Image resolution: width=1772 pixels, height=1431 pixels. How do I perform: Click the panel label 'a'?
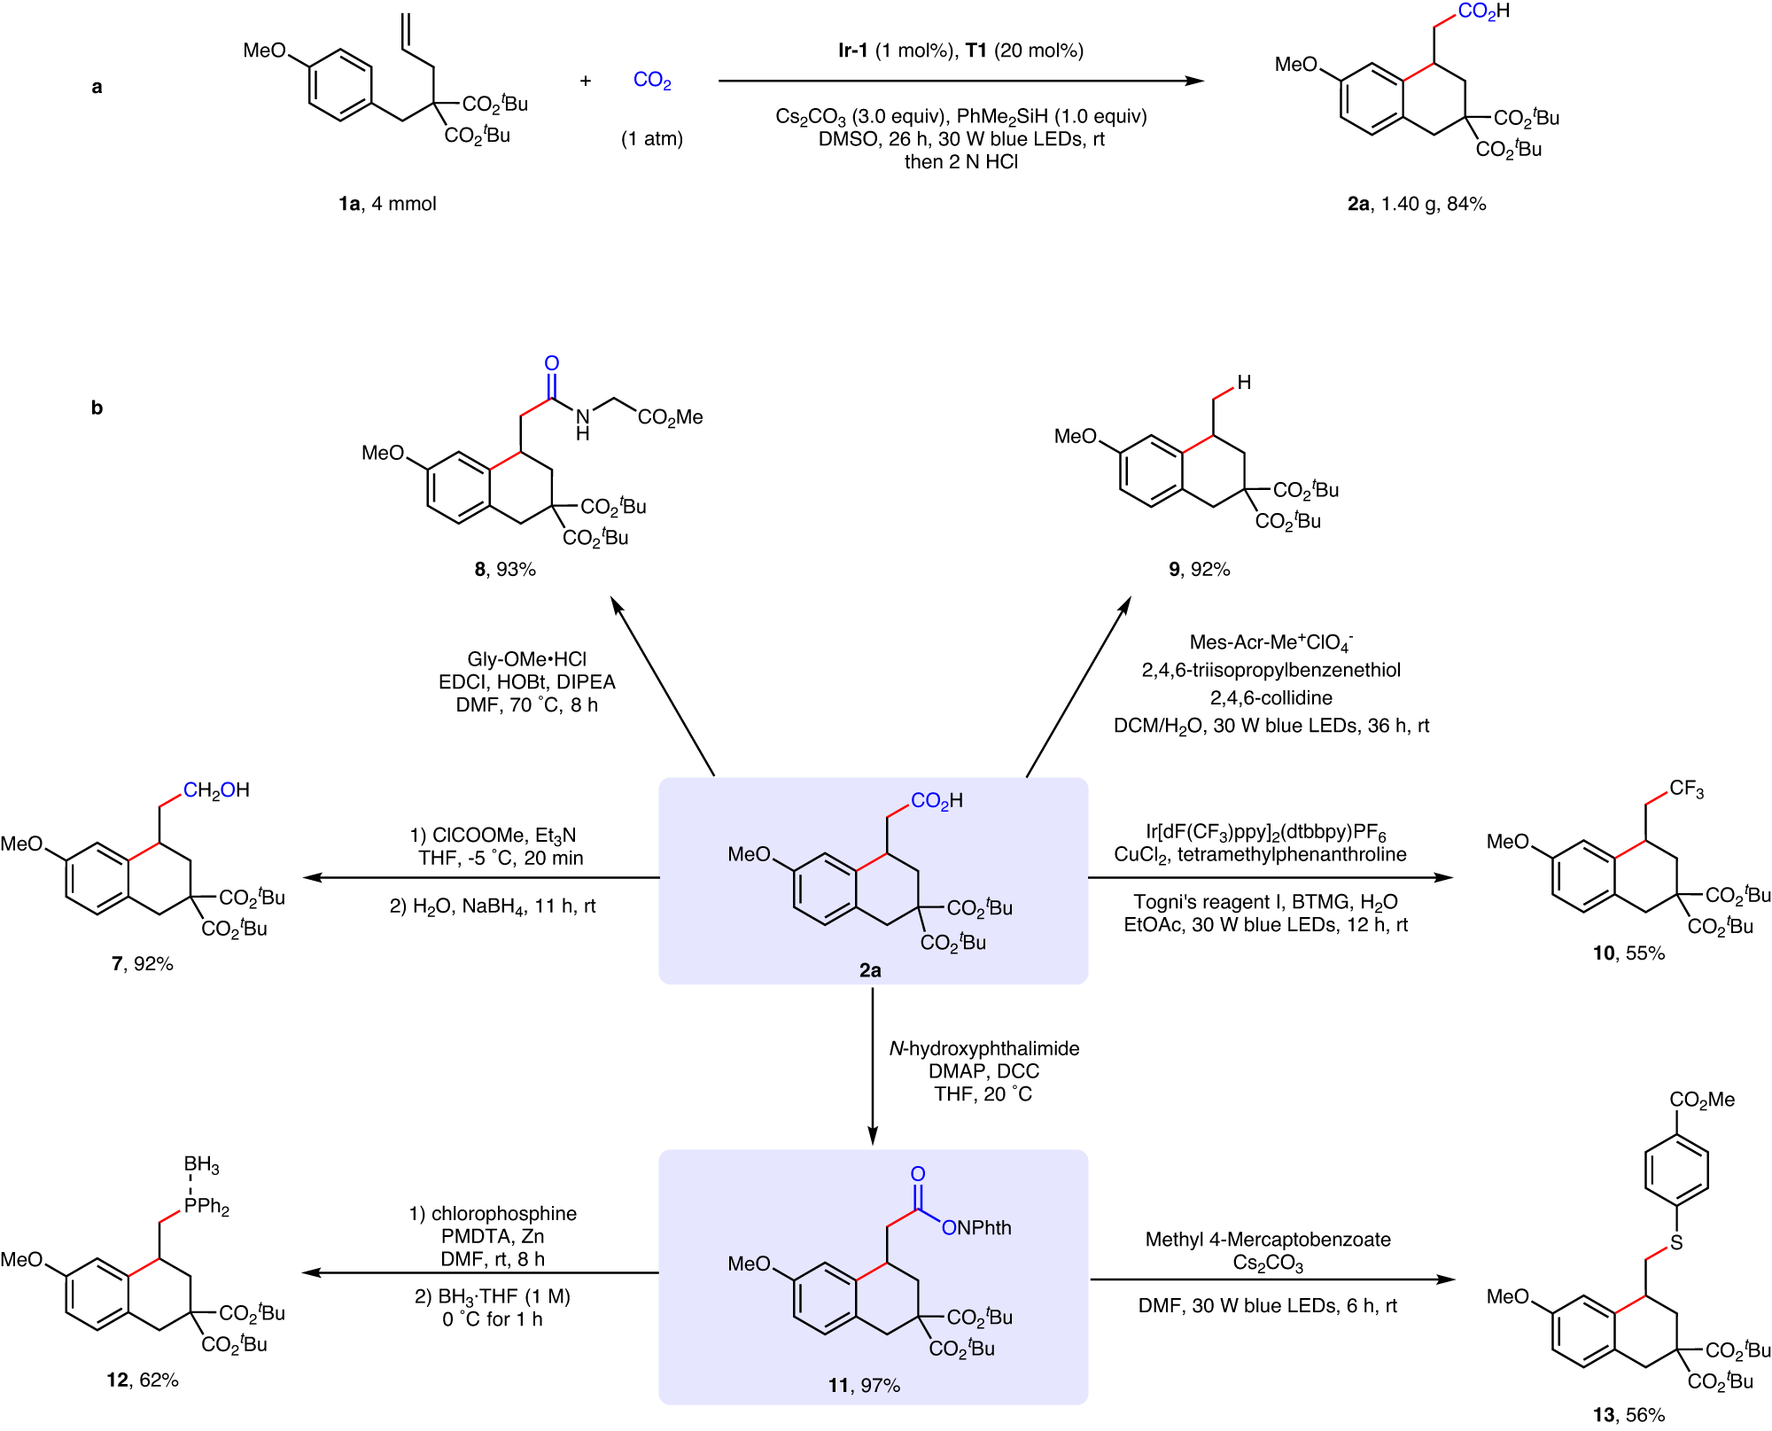[x=97, y=87]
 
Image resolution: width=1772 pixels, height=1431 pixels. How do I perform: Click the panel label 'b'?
[x=97, y=408]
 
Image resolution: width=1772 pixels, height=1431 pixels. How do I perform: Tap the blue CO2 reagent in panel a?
[x=652, y=81]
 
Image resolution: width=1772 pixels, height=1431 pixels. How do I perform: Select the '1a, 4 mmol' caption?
[x=387, y=204]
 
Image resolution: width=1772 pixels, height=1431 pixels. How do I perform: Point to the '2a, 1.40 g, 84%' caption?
[x=1417, y=204]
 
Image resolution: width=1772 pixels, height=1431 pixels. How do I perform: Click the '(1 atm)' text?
[x=652, y=139]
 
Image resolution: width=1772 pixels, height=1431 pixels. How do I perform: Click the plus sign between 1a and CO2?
[x=586, y=82]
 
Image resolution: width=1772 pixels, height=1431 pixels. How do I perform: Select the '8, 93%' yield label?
[x=505, y=569]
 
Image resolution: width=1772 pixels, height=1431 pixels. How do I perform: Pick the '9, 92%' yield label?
[x=1199, y=569]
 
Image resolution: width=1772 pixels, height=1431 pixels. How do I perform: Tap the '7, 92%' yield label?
[x=142, y=963]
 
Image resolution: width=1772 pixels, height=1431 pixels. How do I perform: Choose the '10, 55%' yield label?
[x=1628, y=953]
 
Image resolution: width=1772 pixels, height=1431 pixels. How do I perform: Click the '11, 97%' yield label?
[x=864, y=1385]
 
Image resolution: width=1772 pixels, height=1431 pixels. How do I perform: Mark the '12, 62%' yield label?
[x=142, y=1380]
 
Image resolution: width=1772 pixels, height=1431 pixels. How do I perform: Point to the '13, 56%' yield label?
[x=1628, y=1415]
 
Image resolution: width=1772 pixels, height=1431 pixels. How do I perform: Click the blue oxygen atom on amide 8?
[x=551, y=363]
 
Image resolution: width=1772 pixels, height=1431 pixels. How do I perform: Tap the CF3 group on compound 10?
[x=1686, y=789]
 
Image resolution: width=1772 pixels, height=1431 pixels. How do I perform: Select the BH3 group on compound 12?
[x=201, y=1165]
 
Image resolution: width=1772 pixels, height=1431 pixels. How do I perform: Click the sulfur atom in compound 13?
[x=1675, y=1243]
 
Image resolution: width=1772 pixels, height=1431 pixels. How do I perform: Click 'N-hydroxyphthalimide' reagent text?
[x=984, y=1048]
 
